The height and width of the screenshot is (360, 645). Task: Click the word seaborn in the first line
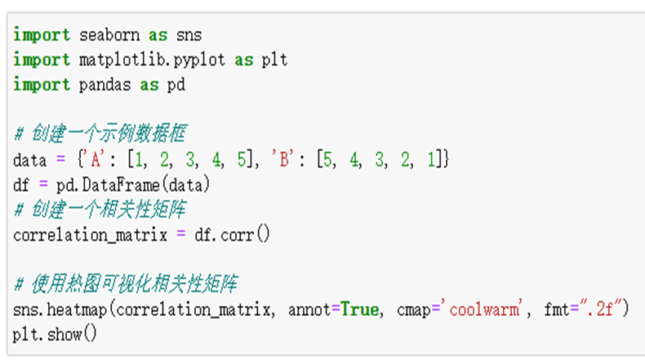click(109, 35)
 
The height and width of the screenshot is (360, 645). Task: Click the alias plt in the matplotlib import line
click(274, 60)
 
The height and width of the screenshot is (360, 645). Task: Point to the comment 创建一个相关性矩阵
click(111, 210)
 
